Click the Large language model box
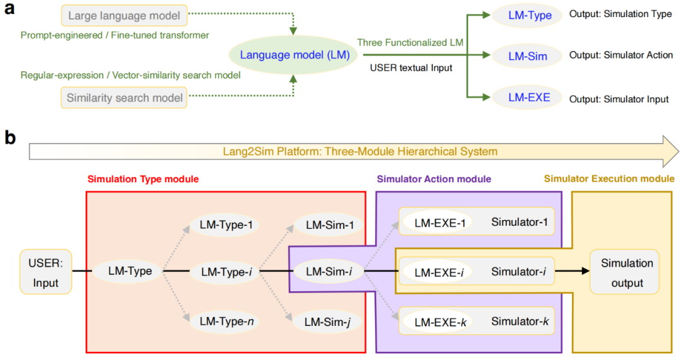[124, 16]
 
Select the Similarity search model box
[125, 98]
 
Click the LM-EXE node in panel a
[529, 98]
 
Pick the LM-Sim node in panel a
[528, 56]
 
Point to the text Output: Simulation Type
[620, 14]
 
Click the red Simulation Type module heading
[142, 179]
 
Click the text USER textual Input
[411, 67]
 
